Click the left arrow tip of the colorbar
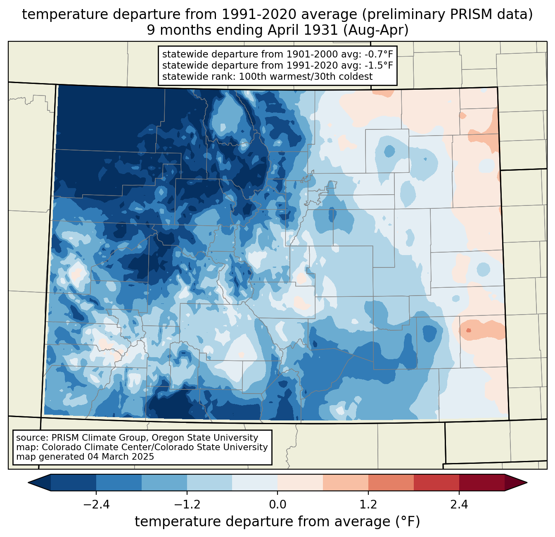28,482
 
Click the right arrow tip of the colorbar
527,482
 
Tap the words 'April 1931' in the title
302,30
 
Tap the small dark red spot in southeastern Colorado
468,330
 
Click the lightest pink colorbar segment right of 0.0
300,482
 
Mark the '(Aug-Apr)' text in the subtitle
376,30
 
